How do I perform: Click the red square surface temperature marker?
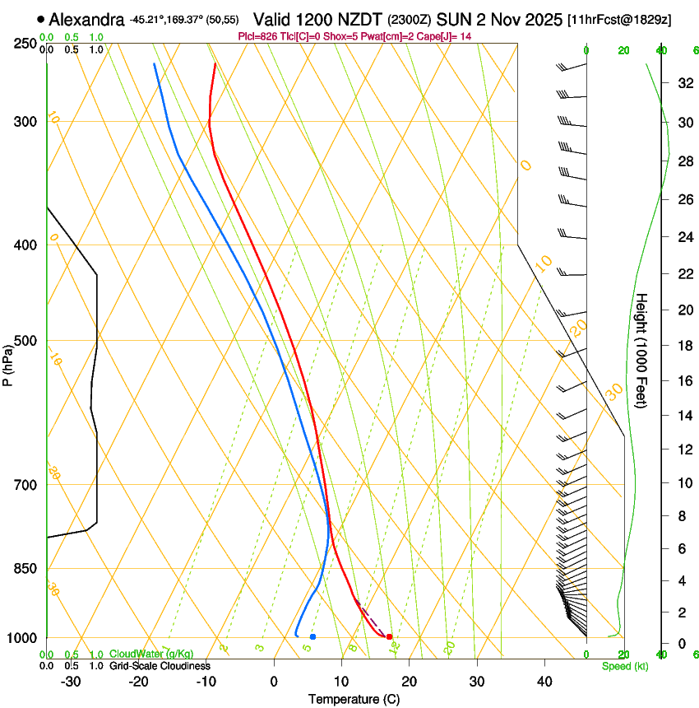click(x=389, y=636)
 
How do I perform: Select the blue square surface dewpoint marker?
click(x=312, y=636)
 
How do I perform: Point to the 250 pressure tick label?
click(x=25, y=44)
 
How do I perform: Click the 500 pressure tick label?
click(x=25, y=341)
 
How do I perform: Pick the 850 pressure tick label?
click(x=25, y=569)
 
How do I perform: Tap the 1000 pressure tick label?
click(x=22, y=638)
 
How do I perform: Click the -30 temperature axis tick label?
click(x=71, y=681)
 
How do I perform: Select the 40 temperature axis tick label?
click(x=544, y=681)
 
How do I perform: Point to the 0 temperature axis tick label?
click(x=274, y=681)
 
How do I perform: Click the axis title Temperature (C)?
click(x=354, y=699)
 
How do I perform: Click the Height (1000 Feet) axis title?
click(x=641, y=351)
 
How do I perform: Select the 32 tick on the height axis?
click(x=683, y=83)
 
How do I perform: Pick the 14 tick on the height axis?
click(x=683, y=416)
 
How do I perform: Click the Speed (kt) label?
click(x=623, y=666)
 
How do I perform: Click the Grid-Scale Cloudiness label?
click(x=160, y=666)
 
